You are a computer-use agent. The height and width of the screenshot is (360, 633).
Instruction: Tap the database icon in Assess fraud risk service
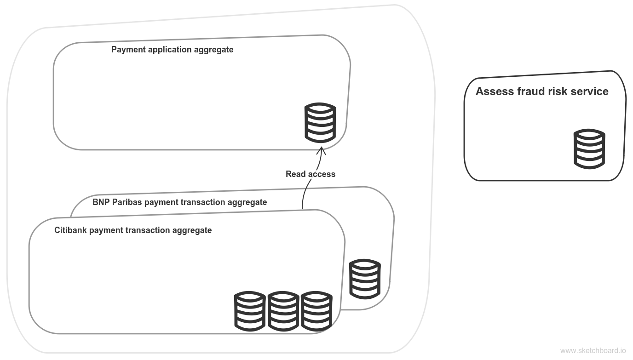click(x=589, y=148)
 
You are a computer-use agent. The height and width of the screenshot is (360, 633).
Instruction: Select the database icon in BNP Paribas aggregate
click(x=365, y=278)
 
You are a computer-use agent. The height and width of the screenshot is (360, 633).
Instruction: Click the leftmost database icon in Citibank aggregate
click(x=250, y=310)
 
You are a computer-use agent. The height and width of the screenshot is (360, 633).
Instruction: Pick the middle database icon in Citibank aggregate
click(x=283, y=310)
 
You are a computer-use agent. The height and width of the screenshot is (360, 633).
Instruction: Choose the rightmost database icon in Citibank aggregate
click(x=316, y=310)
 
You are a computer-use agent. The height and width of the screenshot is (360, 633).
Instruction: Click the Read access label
click(x=311, y=174)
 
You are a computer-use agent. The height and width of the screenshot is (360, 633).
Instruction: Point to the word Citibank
click(x=70, y=230)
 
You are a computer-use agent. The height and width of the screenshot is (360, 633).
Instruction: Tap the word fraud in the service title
click(x=529, y=91)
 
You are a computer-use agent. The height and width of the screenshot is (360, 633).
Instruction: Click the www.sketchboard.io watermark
click(x=593, y=350)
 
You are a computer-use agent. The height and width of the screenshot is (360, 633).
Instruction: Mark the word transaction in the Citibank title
click(x=147, y=230)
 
